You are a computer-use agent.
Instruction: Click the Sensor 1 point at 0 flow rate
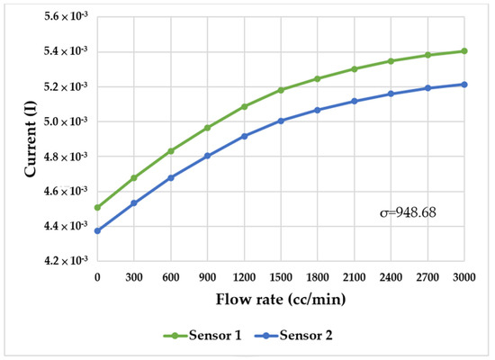point(97,207)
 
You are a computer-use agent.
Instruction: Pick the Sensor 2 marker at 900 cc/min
point(207,156)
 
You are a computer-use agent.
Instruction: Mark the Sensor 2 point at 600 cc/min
point(171,177)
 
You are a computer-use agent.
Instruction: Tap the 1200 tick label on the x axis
point(244,277)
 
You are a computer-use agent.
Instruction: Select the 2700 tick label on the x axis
point(427,277)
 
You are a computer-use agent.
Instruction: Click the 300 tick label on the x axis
point(134,277)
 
